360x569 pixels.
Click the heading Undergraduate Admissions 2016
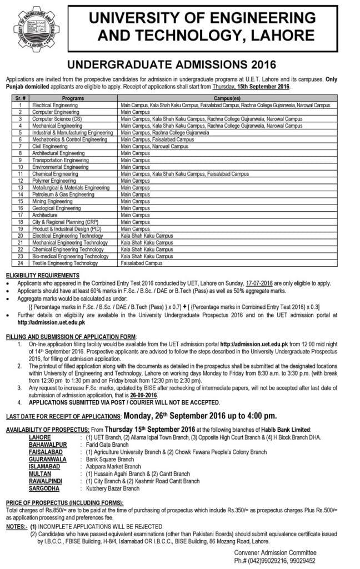coord(179,64)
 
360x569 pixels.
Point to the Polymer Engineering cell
coord(62,181)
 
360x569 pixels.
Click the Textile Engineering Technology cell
coord(73,263)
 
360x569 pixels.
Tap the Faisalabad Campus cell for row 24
coord(139,263)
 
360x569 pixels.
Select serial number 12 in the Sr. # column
coord(20,181)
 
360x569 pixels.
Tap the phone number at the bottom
coord(276,560)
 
